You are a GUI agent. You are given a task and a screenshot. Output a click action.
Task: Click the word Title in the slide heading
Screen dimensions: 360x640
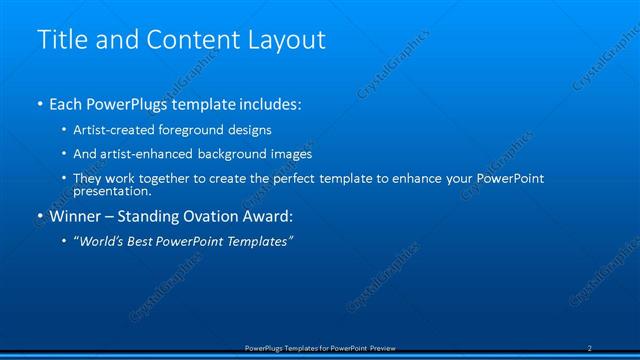click(59, 40)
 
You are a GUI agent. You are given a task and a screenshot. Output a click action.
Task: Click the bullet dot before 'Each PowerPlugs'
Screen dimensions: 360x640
click(40, 104)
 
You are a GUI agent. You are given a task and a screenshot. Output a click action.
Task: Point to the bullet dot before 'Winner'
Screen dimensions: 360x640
click(40, 216)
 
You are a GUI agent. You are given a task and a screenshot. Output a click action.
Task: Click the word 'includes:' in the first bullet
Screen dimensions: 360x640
click(268, 104)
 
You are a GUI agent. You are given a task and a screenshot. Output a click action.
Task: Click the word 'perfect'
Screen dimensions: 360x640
click(303, 178)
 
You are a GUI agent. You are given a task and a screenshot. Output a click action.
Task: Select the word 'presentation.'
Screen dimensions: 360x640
click(112, 191)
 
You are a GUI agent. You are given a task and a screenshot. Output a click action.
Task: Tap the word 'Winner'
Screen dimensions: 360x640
click(78, 216)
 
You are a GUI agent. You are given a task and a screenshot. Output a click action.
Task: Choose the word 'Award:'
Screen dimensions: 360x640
click(279, 216)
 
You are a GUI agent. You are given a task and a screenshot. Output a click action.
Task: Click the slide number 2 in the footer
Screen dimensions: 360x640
click(590, 348)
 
